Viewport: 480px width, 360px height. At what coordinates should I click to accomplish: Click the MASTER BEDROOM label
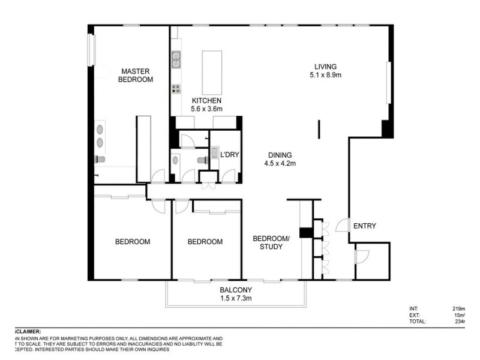[x=135, y=75]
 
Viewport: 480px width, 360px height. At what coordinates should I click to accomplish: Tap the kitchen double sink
[x=177, y=59]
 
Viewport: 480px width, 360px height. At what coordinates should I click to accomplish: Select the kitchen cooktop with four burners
[x=177, y=89]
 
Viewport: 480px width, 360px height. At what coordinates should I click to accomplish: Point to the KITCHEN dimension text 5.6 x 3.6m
[x=206, y=109]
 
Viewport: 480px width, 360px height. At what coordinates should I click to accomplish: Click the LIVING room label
[x=326, y=67]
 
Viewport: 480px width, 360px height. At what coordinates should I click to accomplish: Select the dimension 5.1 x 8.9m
[x=326, y=76]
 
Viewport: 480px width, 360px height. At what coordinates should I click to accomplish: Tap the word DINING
[x=279, y=154]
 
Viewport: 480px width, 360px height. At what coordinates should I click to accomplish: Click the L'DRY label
[x=230, y=155]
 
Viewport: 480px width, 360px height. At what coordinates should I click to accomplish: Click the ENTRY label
[x=364, y=226]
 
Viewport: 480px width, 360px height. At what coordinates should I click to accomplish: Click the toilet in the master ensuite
[x=100, y=159]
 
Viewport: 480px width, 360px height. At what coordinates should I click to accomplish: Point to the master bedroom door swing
[x=158, y=177]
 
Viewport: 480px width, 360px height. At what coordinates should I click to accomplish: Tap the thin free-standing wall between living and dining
[x=319, y=129]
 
